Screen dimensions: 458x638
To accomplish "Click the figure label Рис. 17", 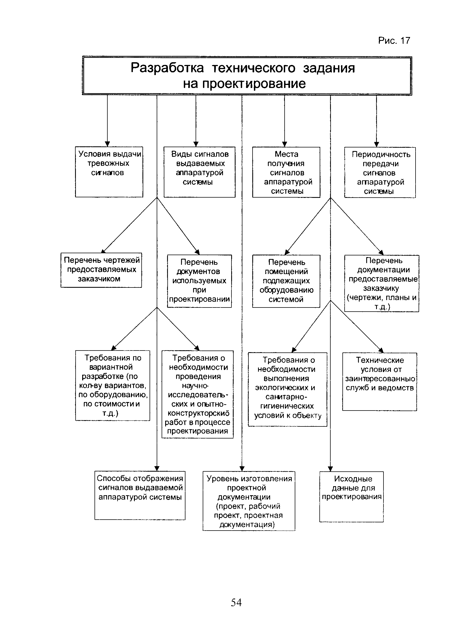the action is point(394,41).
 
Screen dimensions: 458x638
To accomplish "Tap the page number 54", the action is point(236,602).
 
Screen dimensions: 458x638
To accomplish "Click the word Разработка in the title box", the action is point(167,68).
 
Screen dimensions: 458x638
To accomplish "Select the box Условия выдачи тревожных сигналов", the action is point(109,172).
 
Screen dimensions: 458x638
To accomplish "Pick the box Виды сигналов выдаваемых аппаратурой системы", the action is point(200,172).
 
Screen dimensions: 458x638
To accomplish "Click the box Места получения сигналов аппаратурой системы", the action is point(286,172).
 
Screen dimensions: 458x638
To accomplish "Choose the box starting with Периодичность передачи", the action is point(380,172).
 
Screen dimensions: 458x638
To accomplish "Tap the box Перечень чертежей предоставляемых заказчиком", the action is point(101,270).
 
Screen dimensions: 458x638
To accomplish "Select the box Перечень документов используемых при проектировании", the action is point(199,281).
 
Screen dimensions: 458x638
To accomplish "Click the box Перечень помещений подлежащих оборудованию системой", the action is point(286,281).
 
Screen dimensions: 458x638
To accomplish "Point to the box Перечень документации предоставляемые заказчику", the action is point(382,283).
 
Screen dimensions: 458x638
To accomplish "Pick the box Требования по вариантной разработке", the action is point(113,385).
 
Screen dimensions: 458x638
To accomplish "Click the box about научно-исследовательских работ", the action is point(198,394).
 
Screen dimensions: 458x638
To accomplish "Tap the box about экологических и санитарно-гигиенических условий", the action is point(288,389).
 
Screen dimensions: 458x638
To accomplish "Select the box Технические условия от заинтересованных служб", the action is point(380,382).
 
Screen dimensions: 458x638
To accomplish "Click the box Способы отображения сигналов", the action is point(140,495).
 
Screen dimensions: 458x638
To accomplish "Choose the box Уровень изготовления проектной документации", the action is point(249,501).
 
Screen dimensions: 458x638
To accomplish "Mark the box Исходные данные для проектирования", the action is point(351,497).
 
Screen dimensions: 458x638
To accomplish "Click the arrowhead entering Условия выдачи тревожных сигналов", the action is point(107,144).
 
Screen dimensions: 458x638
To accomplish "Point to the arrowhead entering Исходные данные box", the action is point(330,469).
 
